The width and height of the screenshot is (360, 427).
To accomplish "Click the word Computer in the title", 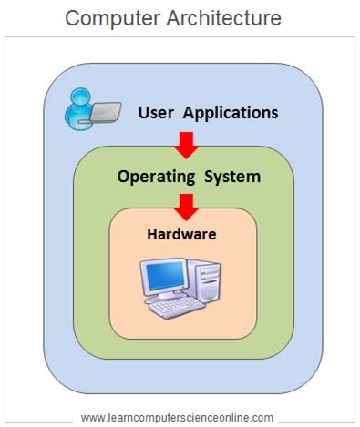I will (x=112, y=17).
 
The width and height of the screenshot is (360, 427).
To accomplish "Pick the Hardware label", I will (x=181, y=234).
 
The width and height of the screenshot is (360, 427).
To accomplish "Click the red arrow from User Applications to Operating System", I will (x=186, y=144).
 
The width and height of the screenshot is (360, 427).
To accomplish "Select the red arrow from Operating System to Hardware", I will (x=186, y=205).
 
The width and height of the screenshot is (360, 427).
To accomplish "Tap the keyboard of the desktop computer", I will (x=177, y=307).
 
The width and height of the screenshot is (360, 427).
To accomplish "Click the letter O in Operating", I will (x=123, y=175).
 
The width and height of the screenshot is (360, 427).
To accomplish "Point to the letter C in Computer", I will (x=73, y=17).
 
